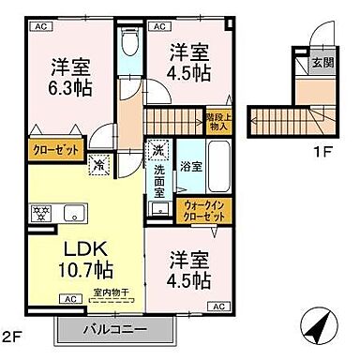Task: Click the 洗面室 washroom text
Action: [x=160, y=178]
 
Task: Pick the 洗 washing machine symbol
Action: [x=157, y=150]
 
